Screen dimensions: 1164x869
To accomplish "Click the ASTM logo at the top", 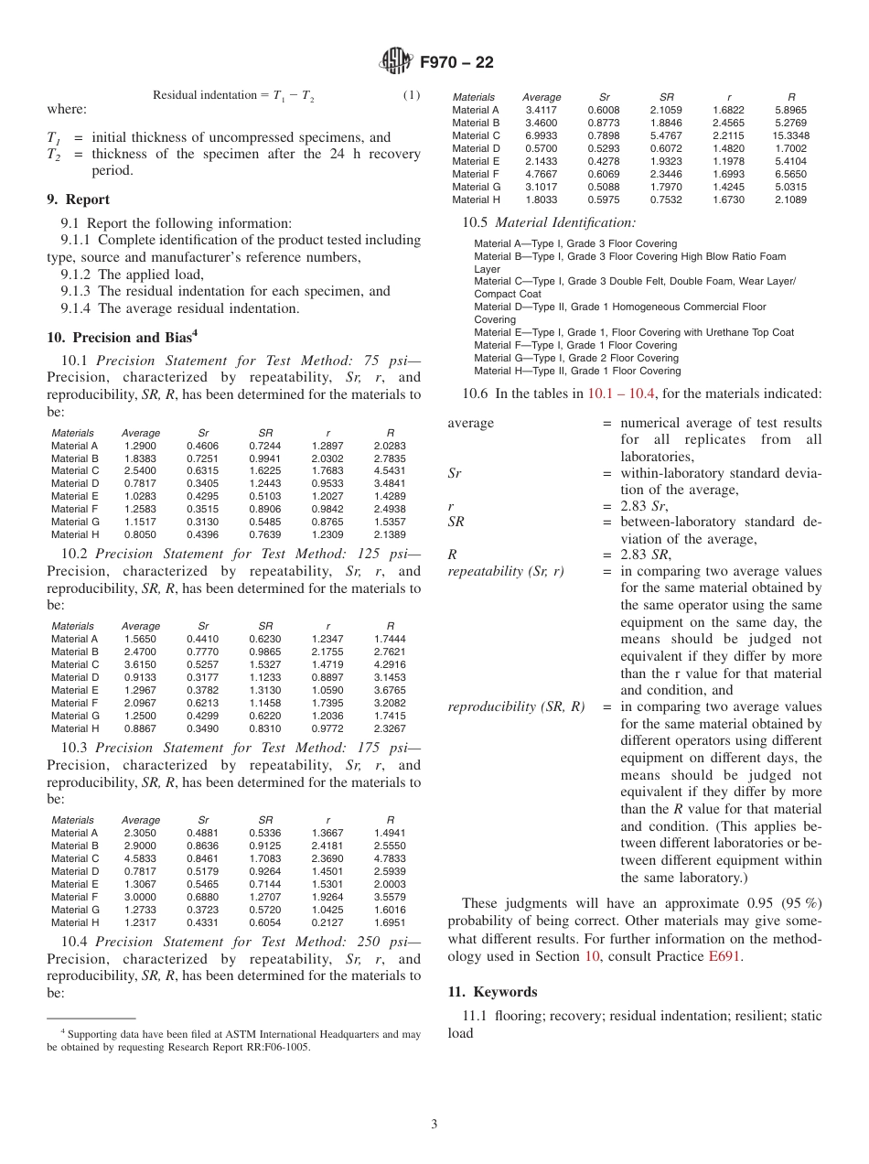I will (x=396, y=62).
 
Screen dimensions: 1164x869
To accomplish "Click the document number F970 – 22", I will (x=456, y=62).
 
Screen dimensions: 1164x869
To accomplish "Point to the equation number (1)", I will (x=412, y=95).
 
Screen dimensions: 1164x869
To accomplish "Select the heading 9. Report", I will (x=78, y=199).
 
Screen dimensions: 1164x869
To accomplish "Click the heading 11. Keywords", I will (x=492, y=992).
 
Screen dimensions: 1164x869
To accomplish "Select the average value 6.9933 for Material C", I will (x=542, y=135).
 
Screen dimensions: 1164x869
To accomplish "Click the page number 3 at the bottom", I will (x=434, y=1124).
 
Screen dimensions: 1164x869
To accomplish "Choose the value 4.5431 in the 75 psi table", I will (x=390, y=470).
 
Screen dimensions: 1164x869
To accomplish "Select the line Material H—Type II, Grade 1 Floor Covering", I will (x=577, y=371).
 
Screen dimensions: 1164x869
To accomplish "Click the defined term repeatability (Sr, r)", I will (x=506, y=571).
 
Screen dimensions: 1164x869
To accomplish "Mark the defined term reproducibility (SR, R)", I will (x=516, y=706).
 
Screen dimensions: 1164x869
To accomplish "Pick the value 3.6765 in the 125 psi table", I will (x=390, y=690).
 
